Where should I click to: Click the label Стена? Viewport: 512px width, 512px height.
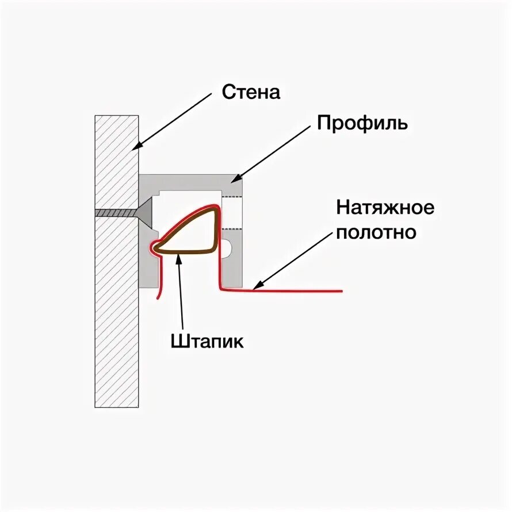[x=251, y=92]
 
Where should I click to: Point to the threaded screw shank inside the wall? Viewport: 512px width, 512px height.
[x=115, y=212]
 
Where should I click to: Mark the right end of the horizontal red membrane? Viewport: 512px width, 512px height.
[x=341, y=291]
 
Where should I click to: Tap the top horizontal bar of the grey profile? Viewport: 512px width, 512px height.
[x=190, y=182]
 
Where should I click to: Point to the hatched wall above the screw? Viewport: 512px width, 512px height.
[x=117, y=161]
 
